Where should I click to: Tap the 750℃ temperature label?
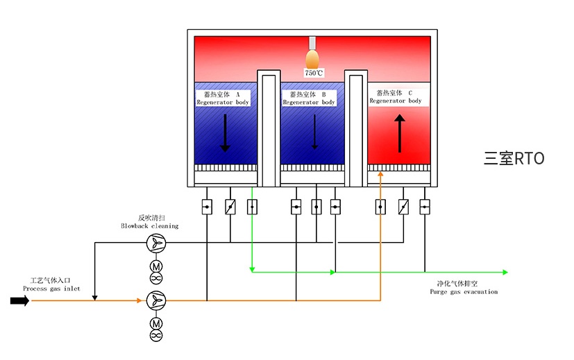click(313, 73)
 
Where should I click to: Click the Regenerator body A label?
click(223, 98)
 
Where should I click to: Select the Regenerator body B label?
click(309, 98)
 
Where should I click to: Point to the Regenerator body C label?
click(396, 96)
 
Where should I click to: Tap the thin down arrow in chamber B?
click(314, 131)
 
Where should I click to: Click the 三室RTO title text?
click(514, 158)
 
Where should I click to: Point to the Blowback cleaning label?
click(149, 221)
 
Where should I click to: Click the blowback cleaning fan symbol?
click(156, 243)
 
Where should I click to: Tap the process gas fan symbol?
click(156, 300)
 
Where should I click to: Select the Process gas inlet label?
click(51, 285)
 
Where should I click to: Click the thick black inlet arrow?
click(19, 300)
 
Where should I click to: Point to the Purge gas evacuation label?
click(463, 287)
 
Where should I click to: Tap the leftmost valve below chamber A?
click(207, 207)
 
